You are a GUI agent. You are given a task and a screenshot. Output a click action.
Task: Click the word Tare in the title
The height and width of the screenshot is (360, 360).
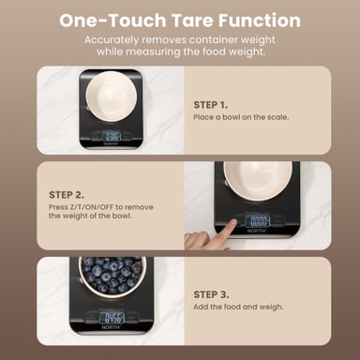[192, 21]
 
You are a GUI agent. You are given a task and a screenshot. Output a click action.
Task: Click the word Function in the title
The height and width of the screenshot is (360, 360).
[260, 21]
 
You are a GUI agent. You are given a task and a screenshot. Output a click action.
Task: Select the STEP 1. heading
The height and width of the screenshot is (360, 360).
[211, 105]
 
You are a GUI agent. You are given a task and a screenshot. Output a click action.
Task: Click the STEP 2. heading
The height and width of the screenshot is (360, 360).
[67, 195]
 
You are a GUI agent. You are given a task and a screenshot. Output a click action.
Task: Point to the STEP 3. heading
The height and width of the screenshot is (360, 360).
[211, 294]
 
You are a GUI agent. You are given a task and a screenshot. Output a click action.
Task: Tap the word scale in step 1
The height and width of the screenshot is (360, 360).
[277, 117]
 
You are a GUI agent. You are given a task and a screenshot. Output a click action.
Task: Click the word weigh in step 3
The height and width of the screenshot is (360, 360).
[271, 307]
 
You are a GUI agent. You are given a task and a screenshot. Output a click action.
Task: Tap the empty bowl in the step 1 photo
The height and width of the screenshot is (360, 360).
[112, 96]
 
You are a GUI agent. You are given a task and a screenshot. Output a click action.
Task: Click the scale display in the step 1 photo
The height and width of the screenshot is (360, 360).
[112, 137]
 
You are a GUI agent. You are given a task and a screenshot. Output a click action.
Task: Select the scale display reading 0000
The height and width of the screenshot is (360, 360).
[258, 221]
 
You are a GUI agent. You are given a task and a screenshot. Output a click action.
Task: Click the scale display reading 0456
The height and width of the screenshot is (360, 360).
[112, 318]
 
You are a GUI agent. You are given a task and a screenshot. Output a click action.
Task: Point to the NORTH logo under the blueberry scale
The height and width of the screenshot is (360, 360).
[111, 327]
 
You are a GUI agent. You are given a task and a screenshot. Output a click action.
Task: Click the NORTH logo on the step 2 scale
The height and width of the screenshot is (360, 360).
[257, 231]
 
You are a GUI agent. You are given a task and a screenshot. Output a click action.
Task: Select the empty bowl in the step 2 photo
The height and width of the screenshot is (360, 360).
[258, 181]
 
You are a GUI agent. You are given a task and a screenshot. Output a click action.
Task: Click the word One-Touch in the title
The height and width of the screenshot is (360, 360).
[112, 21]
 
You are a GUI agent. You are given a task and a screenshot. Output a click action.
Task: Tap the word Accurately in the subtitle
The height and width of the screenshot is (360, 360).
[112, 40]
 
